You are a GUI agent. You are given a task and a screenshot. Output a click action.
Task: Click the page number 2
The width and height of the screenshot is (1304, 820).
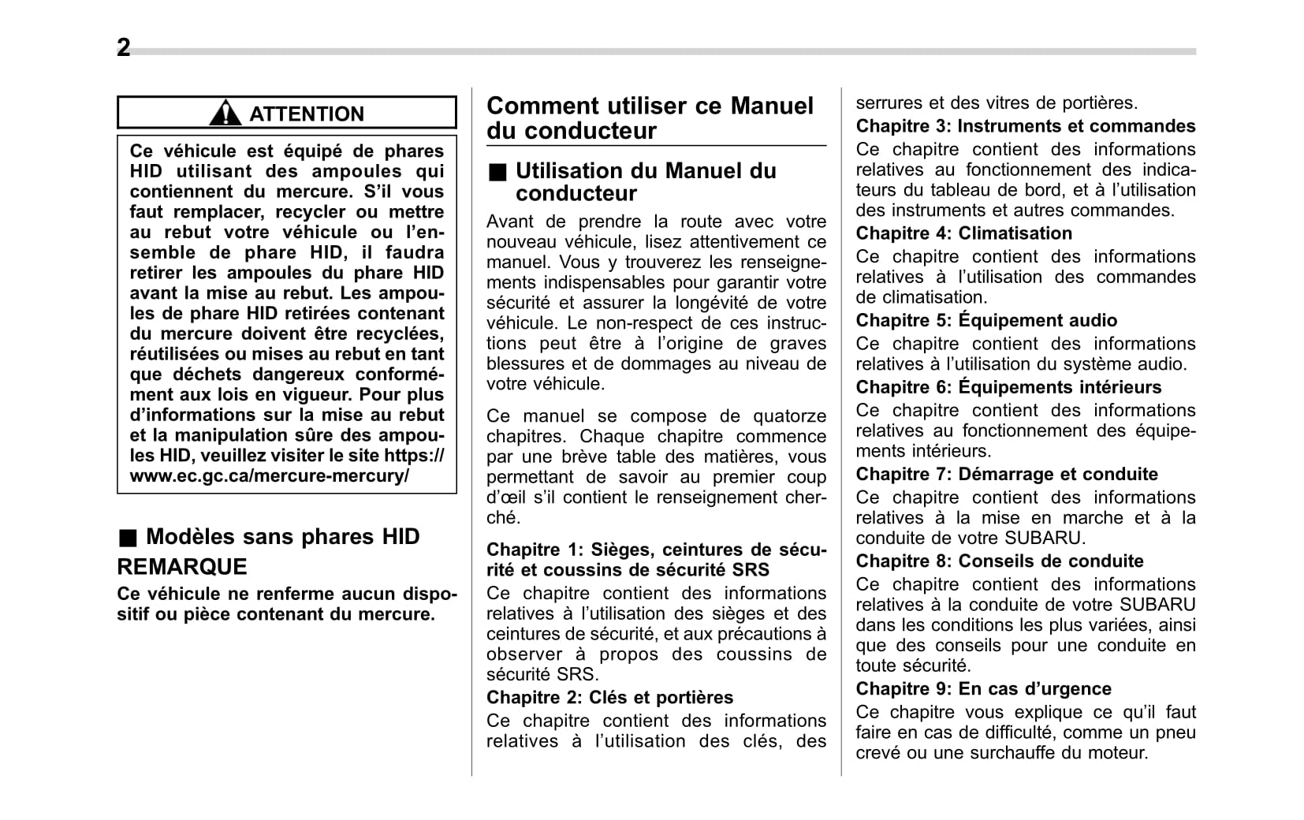[124, 48]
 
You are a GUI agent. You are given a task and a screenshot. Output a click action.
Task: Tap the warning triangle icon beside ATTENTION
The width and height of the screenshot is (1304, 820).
[225, 114]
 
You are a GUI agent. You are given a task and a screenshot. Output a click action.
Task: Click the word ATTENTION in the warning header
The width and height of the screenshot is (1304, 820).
[307, 114]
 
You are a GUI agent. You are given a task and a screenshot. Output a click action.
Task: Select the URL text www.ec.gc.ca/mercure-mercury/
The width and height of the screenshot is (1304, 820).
[270, 476]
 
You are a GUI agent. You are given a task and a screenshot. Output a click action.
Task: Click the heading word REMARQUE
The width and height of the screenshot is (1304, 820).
[182, 567]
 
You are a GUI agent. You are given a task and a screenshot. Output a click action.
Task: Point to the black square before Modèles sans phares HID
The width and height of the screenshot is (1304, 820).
[128, 538]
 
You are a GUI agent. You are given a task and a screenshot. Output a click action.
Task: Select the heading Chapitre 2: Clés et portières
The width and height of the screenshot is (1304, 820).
[609, 697]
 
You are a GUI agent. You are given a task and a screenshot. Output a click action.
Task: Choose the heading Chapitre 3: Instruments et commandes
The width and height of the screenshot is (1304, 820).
[1025, 126]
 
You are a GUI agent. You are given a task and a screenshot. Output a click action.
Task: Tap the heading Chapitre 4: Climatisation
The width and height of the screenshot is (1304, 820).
[963, 233]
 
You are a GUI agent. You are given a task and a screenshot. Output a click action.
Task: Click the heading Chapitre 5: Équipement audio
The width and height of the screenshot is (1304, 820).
[986, 320]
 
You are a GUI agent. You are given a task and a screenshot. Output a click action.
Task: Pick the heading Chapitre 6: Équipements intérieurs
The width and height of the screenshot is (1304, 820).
[1008, 387]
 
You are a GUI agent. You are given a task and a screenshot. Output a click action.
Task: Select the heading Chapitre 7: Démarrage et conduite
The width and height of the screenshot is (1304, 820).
[1007, 474]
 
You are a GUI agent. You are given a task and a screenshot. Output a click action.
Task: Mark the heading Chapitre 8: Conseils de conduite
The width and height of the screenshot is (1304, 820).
[999, 561]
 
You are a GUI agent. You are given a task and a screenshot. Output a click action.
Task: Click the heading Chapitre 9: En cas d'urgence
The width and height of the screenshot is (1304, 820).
[983, 688]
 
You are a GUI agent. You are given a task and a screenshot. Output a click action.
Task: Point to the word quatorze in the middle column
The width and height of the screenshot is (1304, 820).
[789, 416]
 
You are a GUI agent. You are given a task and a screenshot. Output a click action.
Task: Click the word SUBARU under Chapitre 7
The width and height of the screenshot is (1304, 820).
[1044, 539]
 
